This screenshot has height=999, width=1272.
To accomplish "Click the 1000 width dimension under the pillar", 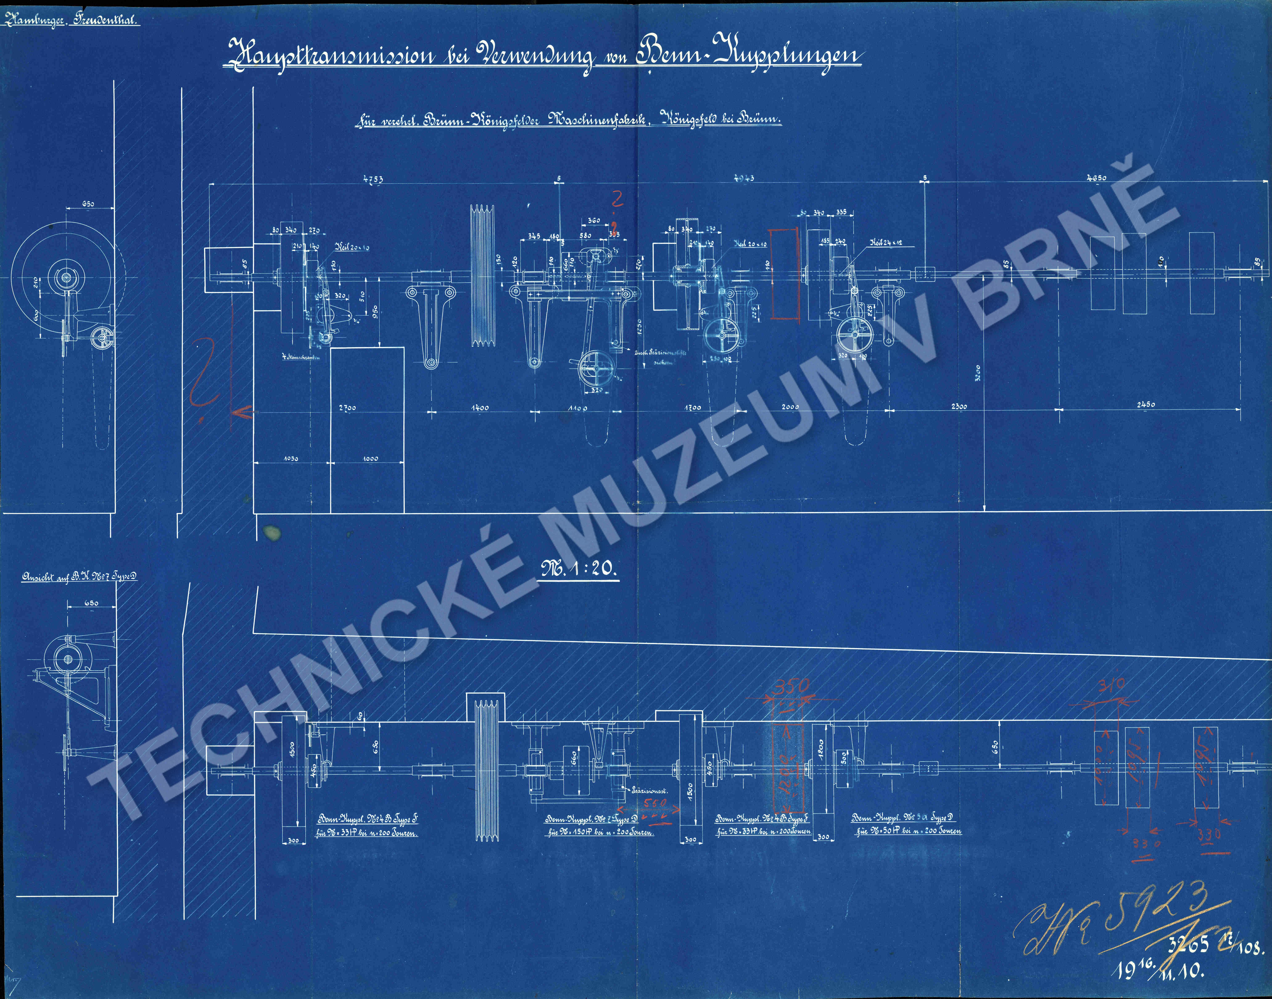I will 370,459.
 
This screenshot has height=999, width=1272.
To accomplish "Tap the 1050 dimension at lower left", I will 291,459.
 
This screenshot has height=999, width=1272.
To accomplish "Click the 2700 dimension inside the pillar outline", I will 347,408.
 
